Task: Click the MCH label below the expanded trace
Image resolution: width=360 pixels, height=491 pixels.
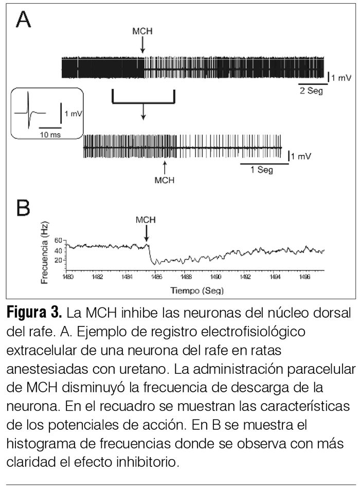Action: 165,180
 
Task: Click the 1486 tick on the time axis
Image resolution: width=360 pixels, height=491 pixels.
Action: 157,277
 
